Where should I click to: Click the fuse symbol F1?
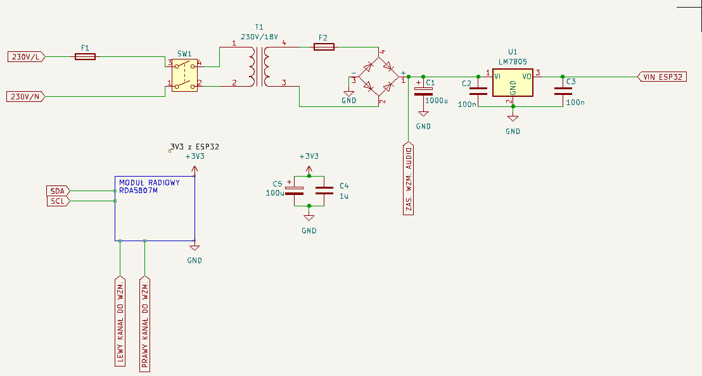pyautogui.click(x=85, y=56)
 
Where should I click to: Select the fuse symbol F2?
pyautogui.click(x=324, y=46)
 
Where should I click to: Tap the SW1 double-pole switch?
pyautogui.click(x=184, y=75)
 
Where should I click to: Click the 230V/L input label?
pyautogui.click(x=27, y=57)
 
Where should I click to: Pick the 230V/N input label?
pyautogui.click(x=25, y=96)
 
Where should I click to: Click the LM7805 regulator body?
pyautogui.click(x=513, y=82)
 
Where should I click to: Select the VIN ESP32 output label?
pyautogui.click(x=661, y=77)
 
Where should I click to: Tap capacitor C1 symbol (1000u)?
pyautogui.click(x=423, y=91)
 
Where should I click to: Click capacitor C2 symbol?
pyautogui.click(x=478, y=91)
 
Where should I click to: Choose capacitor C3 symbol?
pyautogui.click(x=563, y=91)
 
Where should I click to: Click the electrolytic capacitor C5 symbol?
pyautogui.click(x=294, y=191)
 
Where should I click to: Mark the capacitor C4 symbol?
pyautogui.click(x=324, y=191)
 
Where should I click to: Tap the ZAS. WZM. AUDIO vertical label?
pyautogui.click(x=408, y=179)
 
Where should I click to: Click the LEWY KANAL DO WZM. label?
pyautogui.click(x=120, y=322)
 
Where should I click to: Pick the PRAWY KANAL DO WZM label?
pyautogui.click(x=144, y=324)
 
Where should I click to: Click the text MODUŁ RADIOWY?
pyautogui.click(x=150, y=182)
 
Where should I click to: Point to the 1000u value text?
pyautogui.click(x=437, y=101)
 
